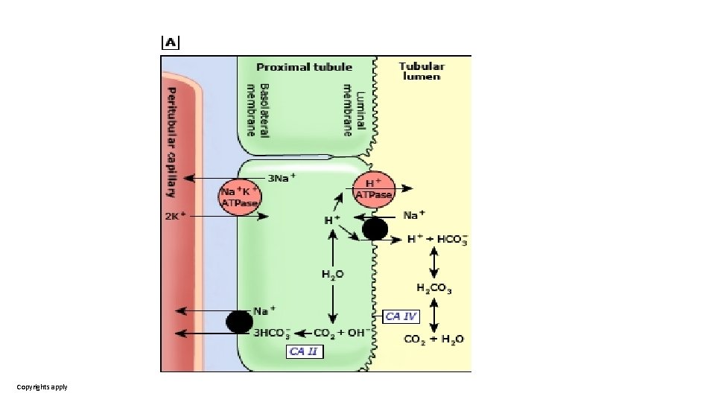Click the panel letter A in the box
pos(171,42)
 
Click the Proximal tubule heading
pos(304,67)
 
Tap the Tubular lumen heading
pos(422,71)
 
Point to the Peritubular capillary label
pos(171,141)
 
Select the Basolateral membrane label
pos(258,109)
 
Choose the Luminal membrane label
pos(354,109)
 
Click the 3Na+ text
pos(282,177)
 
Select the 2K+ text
pos(174,217)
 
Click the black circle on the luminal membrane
pos(375,229)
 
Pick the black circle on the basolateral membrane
pos(239,322)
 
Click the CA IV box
pos(401,316)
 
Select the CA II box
pos(305,351)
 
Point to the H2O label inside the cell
pos(333,275)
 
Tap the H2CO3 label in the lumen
pos(434,288)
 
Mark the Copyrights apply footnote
pos(42,387)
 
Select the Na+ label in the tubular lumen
pos(414,215)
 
